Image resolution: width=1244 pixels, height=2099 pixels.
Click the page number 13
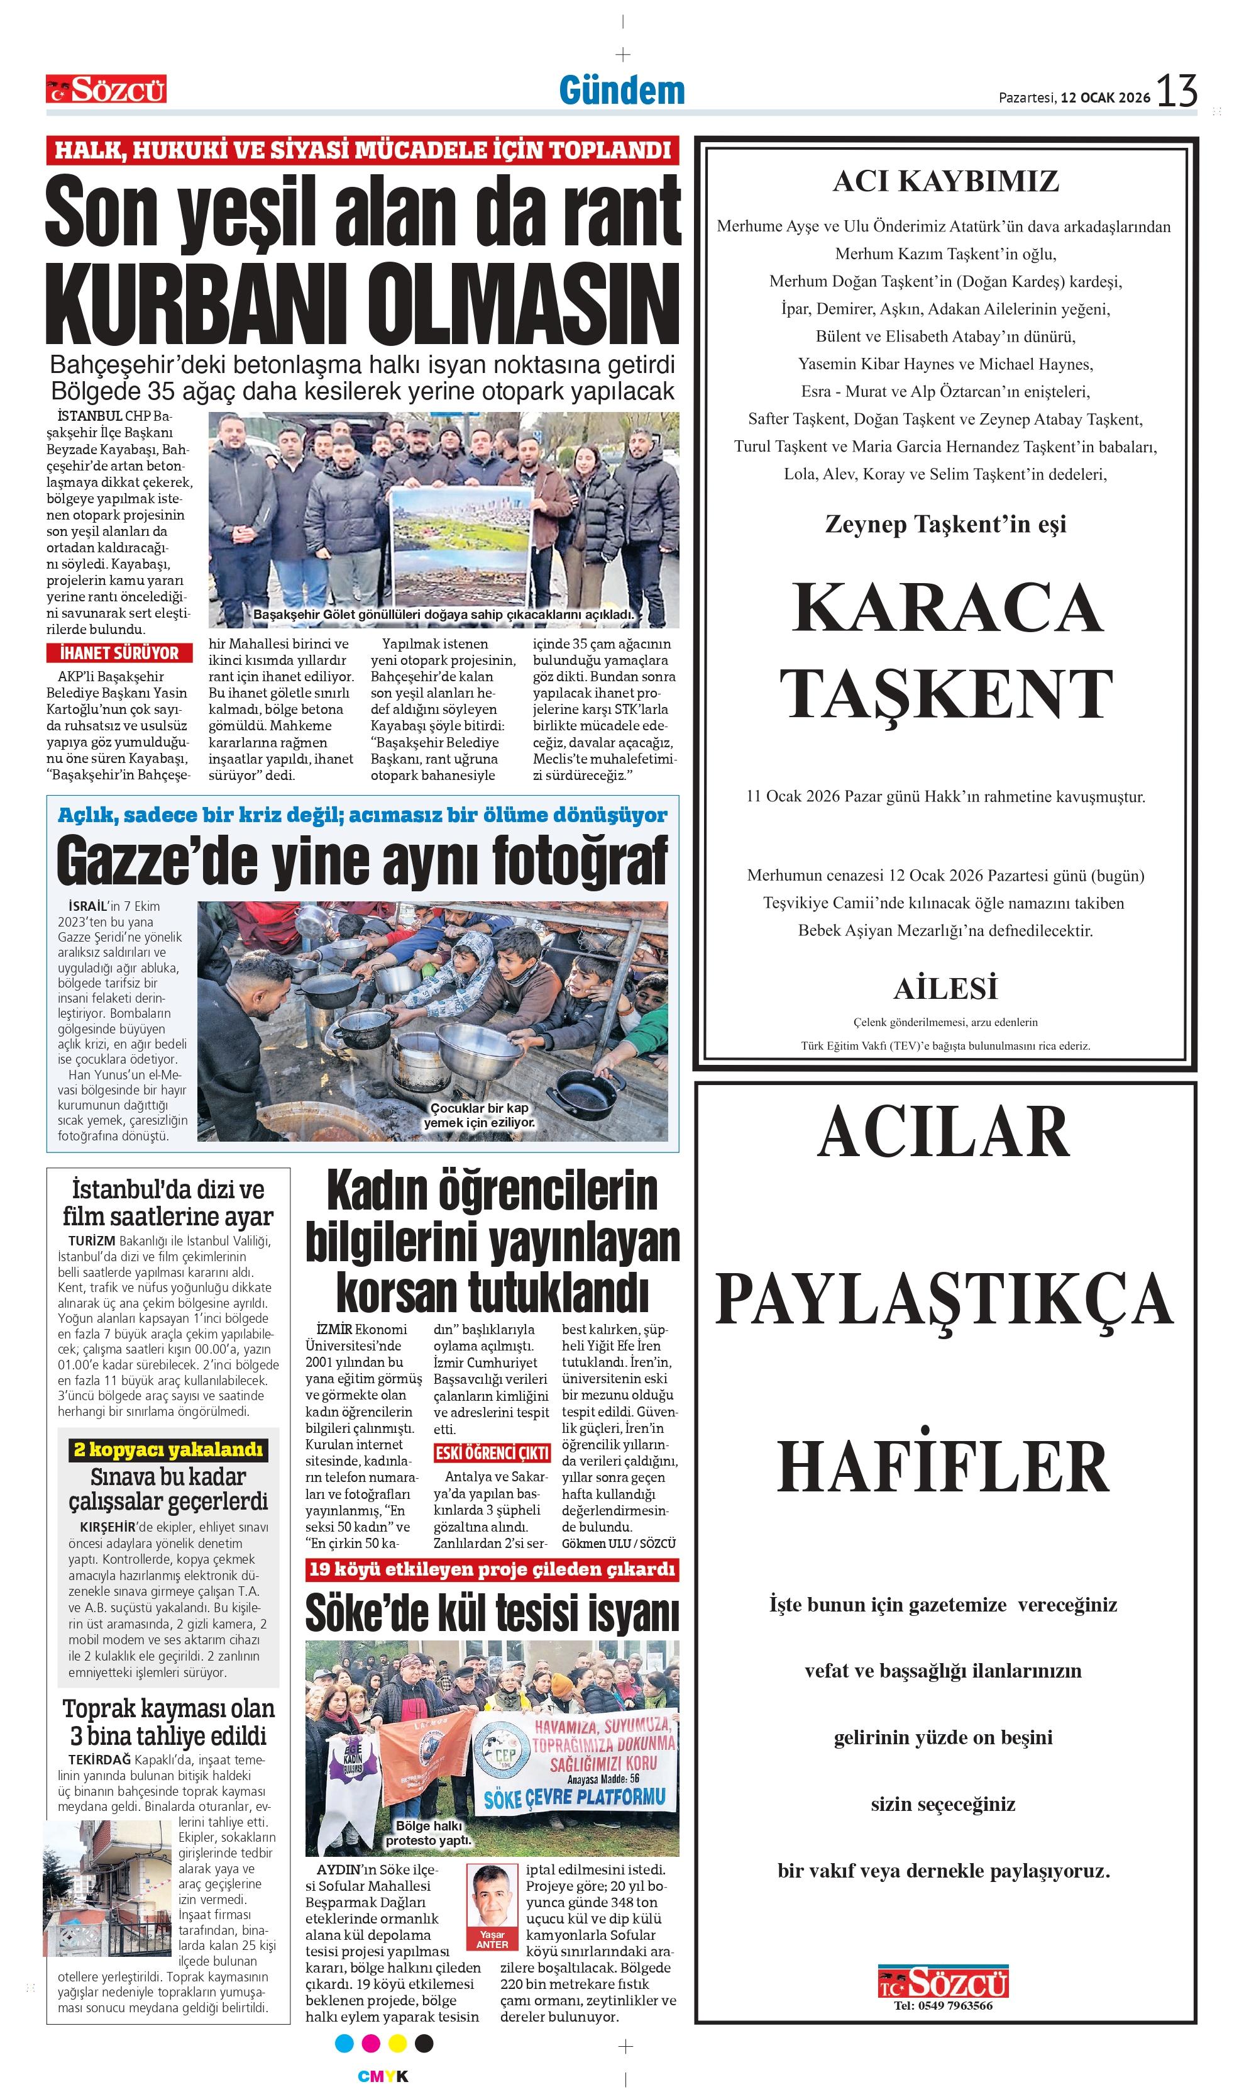(1176, 91)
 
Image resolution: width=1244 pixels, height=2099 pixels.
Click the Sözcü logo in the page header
(106, 89)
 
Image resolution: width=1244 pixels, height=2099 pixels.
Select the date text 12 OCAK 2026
(1105, 97)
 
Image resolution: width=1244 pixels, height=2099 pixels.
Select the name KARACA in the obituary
(947, 608)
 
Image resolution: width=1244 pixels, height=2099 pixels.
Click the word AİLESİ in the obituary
(945, 989)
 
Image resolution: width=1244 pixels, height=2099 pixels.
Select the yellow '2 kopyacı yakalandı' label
(168, 1450)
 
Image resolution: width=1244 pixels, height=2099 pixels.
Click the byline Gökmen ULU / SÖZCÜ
(618, 1543)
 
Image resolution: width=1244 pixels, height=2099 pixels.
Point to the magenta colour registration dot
(370, 2043)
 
